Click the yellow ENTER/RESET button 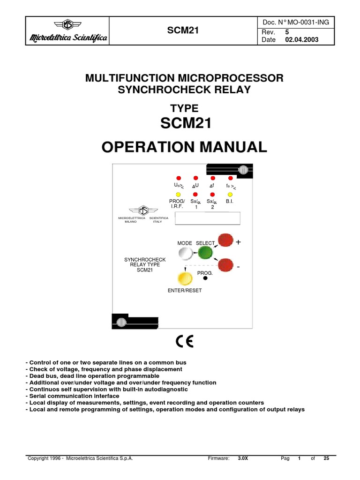coord(185,278)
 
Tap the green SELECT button coord(205,253)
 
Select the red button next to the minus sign coord(225,265)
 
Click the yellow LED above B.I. coord(230,194)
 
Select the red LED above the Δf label coord(212,179)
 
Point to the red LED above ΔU coord(195,179)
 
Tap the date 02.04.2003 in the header coord(301,40)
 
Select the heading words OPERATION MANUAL coord(184,147)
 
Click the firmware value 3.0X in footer coord(243,458)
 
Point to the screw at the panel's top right coord(242,171)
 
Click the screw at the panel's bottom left coord(121,322)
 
